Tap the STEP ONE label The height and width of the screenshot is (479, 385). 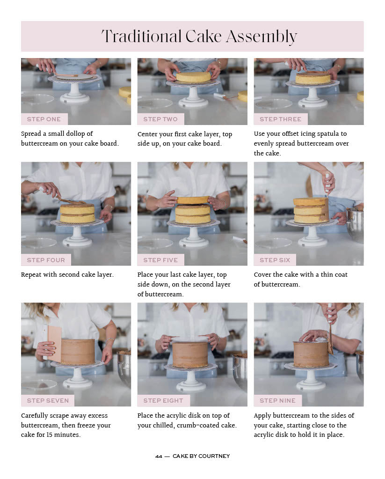(44, 119)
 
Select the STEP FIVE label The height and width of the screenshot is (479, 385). (160, 260)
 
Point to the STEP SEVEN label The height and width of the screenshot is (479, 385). (48, 400)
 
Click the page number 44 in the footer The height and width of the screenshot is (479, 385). (159, 456)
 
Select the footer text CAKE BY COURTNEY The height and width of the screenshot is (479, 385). (201, 456)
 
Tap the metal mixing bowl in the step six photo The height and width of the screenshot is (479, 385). (355, 225)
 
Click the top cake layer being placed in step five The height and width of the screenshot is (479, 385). (192, 200)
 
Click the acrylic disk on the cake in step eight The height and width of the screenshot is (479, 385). (190, 339)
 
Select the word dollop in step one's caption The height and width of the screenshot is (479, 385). (83, 134)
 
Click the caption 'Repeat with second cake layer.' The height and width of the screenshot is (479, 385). (67, 275)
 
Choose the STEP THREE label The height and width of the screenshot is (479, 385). (280, 119)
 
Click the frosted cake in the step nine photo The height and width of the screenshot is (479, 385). (311, 354)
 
